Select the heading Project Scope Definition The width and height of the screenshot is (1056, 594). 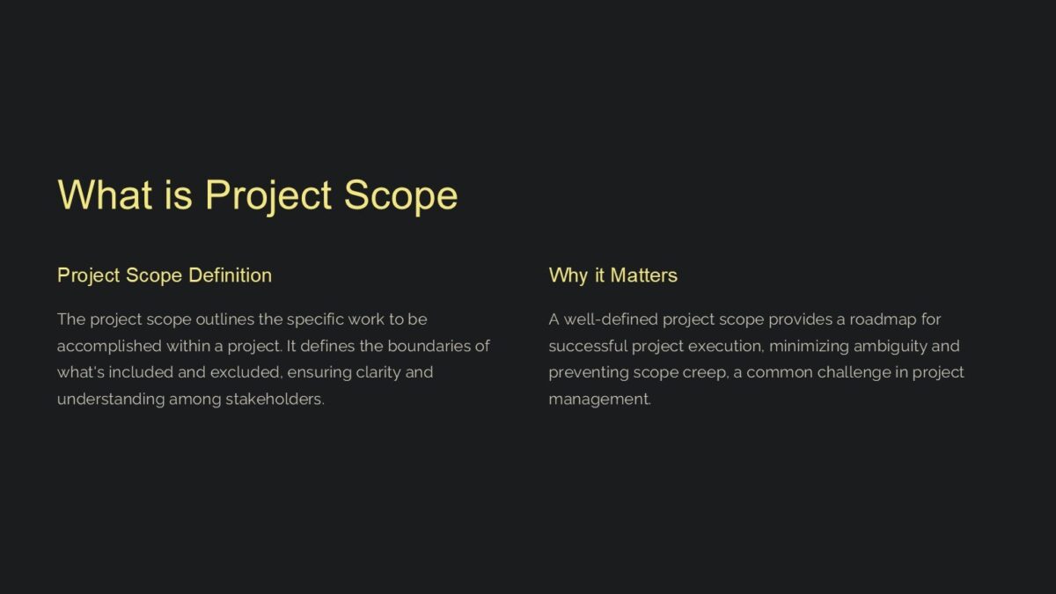pos(165,275)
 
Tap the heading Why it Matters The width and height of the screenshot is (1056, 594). pos(612,275)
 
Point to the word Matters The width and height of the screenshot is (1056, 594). pos(644,275)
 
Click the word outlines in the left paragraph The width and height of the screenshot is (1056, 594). pos(224,319)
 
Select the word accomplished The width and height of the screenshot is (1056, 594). pos(109,346)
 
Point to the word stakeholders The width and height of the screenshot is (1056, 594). pos(275,400)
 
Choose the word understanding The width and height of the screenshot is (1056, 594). pos(110,400)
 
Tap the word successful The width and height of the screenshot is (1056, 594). pos(588,346)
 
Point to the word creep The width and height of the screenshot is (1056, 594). pos(705,372)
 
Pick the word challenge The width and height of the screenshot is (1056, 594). pos(854,372)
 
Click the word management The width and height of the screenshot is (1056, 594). pos(599,400)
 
